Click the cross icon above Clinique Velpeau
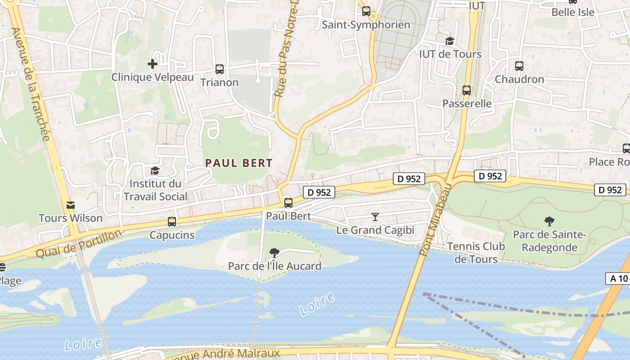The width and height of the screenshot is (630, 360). (x=153, y=64)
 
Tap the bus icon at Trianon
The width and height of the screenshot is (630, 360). (x=220, y=69)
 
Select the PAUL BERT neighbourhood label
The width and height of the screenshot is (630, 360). (x=239, y=163)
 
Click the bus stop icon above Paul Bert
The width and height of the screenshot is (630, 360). (x=288, y=203)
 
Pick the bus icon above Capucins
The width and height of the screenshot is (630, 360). (x=172, y=222)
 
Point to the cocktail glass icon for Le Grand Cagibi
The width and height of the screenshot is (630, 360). (x=375, y=217)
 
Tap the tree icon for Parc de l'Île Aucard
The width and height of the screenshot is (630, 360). (x=274, y=253)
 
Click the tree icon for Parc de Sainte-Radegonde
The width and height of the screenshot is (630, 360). (x=549, y=221)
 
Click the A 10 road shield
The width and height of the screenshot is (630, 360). (x=619, y=279)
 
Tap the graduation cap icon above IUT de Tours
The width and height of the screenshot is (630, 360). (x=450, y=41)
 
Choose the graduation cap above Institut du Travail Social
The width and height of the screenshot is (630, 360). (x=155, y=171)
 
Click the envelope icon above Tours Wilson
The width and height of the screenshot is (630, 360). (x=71, y=206)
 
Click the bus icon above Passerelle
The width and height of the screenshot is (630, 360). (x=467, y=90)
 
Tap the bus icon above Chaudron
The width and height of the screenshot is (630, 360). (x=519, y=66)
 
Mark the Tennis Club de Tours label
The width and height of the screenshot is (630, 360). (x=476, y=252)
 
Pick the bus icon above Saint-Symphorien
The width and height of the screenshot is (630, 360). (x=366, y=12)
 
